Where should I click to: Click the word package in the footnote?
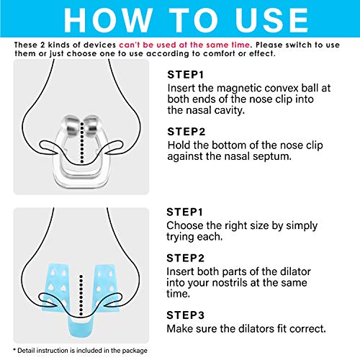pyautogui.click(x=129, y=351)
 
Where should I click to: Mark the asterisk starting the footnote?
pyautogui.click(x=16, y=351)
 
